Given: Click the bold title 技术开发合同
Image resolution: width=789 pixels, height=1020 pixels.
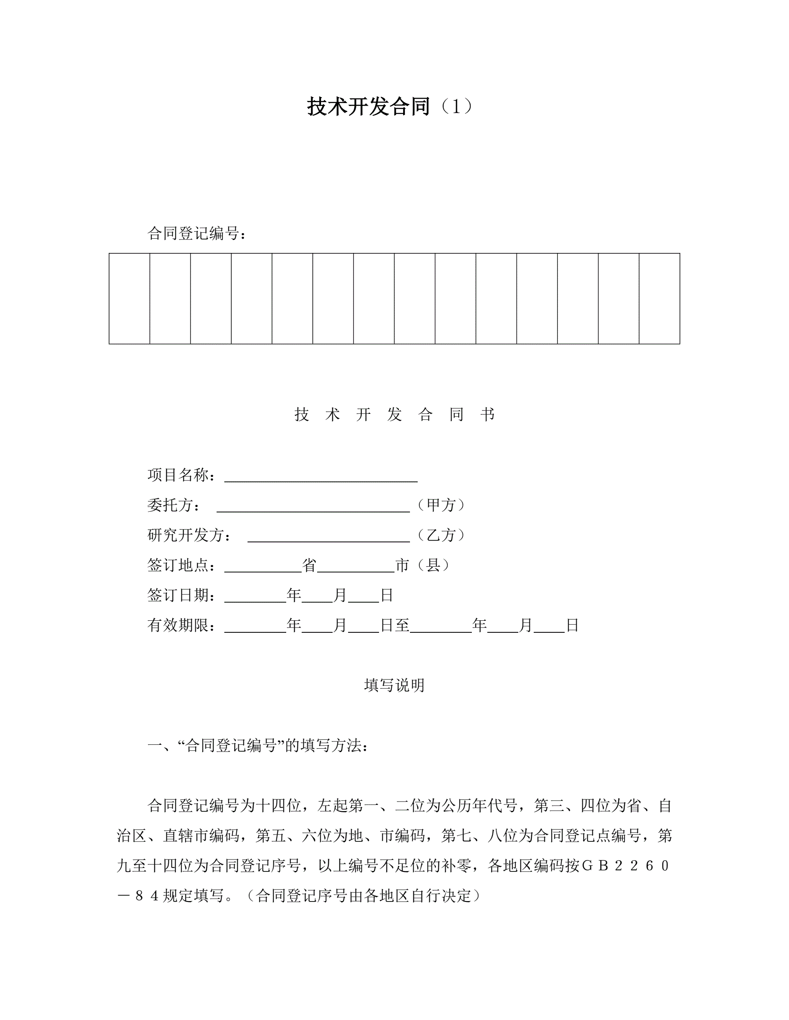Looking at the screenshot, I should pyautogui.click(x=368, y=106).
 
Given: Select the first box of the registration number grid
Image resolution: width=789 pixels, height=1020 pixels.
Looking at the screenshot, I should pyautogui.click(x=129, y=299).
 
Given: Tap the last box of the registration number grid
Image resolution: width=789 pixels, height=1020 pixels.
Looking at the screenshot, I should pyautogui.click(x=659, y=299).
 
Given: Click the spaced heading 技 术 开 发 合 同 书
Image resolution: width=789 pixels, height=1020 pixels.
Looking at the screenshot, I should pyautogui.click(x=394, y=414).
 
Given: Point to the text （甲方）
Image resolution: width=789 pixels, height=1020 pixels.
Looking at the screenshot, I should pyautogui.click(x=441, y=505).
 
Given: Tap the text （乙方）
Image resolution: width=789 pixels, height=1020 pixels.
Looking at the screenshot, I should pyautogui.click(x=441, y=535).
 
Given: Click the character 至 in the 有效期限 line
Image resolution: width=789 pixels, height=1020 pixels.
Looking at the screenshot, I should pyautogui.click(x=402, y=625).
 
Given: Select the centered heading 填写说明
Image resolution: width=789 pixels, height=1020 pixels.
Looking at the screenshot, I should pyautogui.click(x=394, y=686).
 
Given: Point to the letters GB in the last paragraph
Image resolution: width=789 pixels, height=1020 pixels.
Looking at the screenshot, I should pyautogui.click(x=595, y=866).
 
